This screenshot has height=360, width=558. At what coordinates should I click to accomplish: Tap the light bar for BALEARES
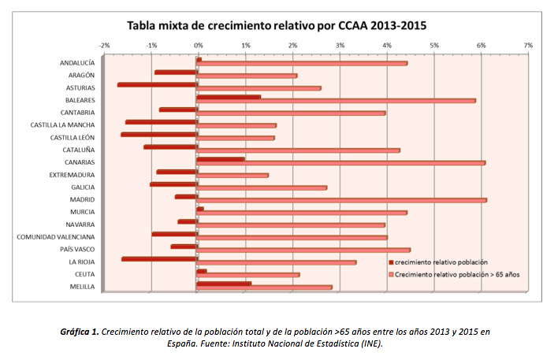(x=336, y=101)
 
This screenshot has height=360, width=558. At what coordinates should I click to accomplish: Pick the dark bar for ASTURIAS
(x=157, y=84)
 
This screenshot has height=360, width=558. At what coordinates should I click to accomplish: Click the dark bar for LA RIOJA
(x=159, y=258)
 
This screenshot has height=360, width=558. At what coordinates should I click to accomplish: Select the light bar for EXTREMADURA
(x=232, y=175)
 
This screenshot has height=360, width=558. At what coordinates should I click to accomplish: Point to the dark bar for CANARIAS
(x=220, y=159)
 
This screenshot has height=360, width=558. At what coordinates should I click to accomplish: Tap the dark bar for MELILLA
(x=224, y=283)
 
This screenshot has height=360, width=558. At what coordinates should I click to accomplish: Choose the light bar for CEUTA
(x=248, y=275)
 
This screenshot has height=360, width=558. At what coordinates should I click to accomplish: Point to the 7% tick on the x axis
(x=528, y=45)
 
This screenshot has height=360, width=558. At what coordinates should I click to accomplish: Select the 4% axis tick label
(x=387, y=45)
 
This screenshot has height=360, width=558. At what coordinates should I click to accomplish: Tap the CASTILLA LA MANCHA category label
(x=63, y=124)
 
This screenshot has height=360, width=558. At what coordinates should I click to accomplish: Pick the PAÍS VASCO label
(x=78, y=249)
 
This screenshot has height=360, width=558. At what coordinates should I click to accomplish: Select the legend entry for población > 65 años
(x=456, y=274)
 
